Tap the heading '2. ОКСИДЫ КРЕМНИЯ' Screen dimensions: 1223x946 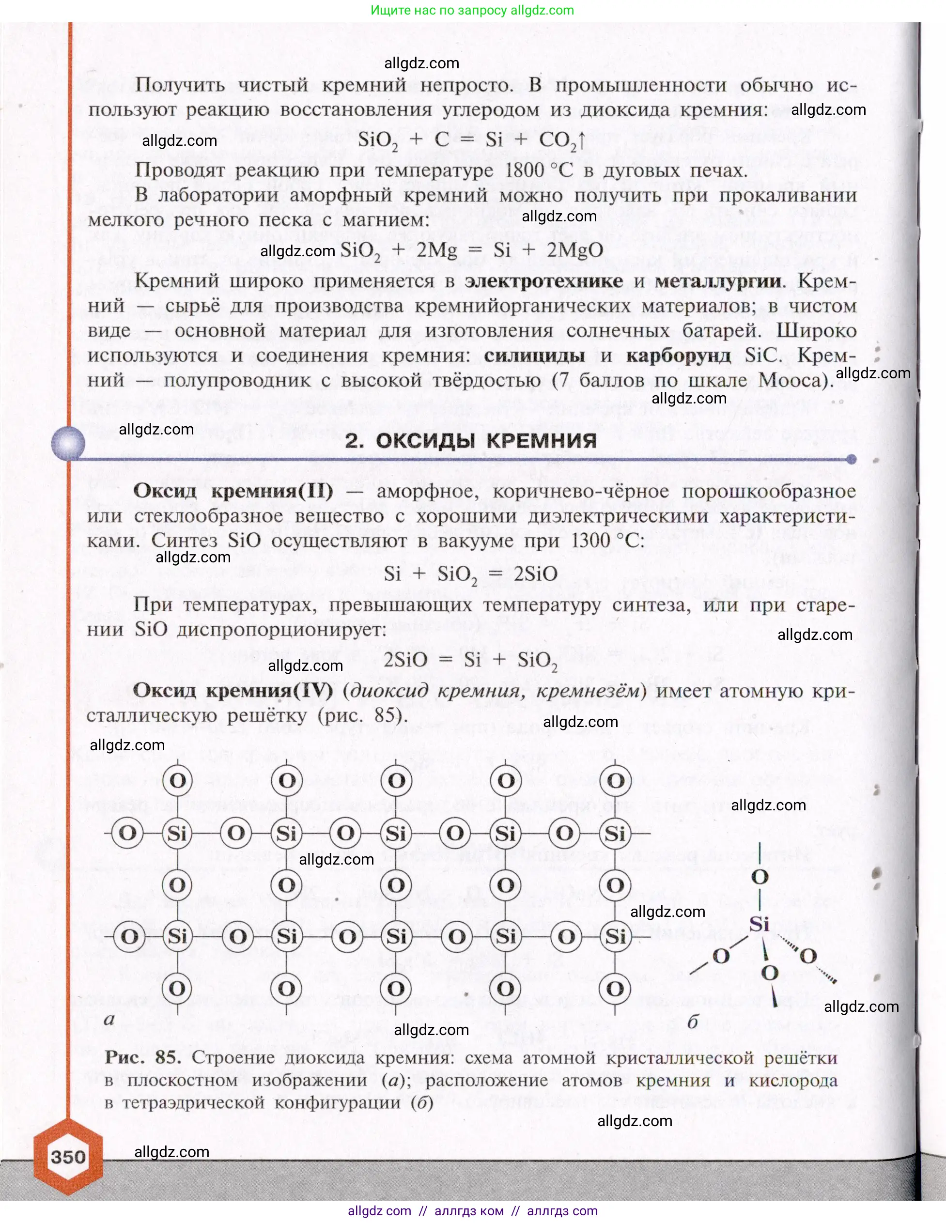tap(470, 441)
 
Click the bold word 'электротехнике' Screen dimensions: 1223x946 tap(543, 280)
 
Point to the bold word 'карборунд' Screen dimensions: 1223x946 tap(678, 355)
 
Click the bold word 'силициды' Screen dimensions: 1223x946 tap(534, 355)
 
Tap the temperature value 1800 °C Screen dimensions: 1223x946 tap(538, 170)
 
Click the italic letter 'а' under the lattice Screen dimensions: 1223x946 tap(109, 1019)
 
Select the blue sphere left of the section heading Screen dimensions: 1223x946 tap(68, 443)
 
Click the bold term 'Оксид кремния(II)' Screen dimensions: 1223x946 tap(233, 491)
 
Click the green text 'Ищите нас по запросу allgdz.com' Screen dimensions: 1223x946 tap(472, 10)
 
